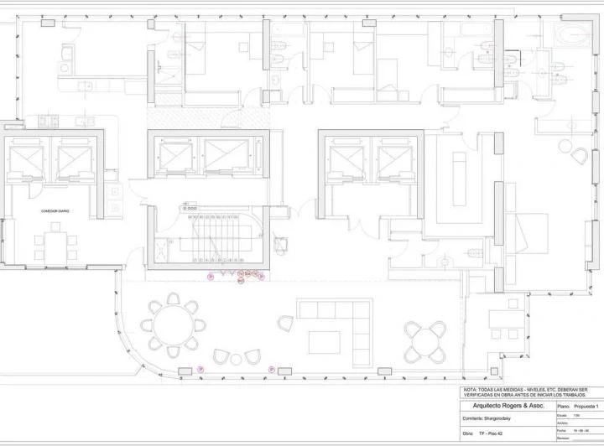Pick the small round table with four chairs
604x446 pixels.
click(419, 337)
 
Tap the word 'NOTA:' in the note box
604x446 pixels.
click(471, 390)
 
